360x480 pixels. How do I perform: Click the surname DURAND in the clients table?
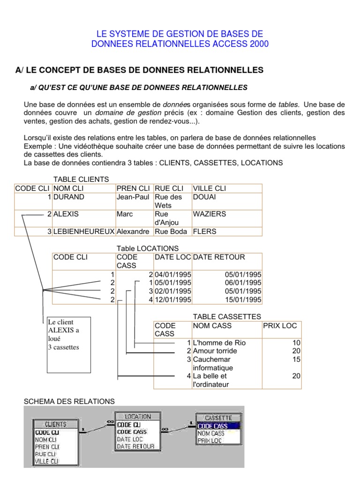click(x=69, y=197)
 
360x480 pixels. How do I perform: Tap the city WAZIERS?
click(x=209, y=214)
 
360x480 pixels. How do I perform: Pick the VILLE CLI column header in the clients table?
click(x=209, y=188)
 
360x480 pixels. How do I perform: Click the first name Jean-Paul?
click(x=133, y=197)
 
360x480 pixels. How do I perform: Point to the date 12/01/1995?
click(x=172, y=300)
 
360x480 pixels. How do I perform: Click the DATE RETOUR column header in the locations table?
click(x=219, y=257)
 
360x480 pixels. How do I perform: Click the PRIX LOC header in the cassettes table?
click(x=280, y=325)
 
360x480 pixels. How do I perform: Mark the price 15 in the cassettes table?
click(x=296, y=359)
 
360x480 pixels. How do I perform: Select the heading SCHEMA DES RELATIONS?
click(x=69, y=401)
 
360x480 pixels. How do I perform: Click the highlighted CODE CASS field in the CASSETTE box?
click(x=213, y=426)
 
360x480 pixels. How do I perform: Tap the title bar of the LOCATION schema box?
click(x=135, y=416)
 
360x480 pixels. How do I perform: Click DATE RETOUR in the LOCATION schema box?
click(x=135, y=446)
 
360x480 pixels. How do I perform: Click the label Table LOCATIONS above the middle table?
click(x=148, y=248)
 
